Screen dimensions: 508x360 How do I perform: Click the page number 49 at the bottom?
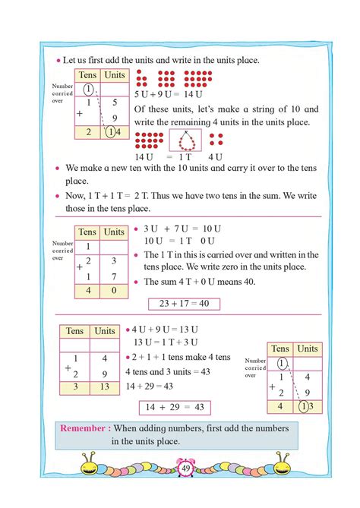tap(185, 469)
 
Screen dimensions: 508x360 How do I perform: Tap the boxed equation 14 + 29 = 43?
tap(175, 407)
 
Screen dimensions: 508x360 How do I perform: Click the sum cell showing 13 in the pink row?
tap(104, 387)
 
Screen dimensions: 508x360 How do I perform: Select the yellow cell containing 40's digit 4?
tap(87, 291)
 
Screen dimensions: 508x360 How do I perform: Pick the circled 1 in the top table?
tap(88, 88)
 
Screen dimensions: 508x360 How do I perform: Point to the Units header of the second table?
tap(113, 232)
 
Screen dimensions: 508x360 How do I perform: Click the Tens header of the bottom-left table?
tap(74, 331)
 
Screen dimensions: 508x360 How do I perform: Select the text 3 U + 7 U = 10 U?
tap(182, 229)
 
